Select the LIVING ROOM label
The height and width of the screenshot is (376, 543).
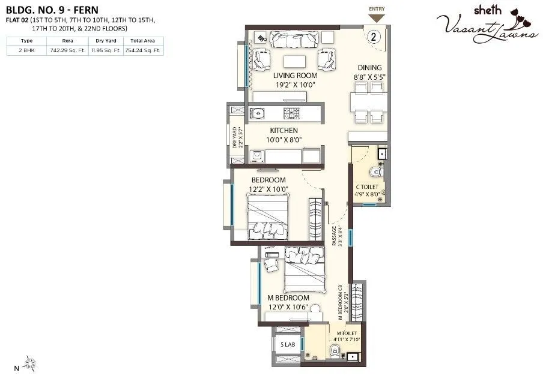pyautogui.click(x=295, y=76)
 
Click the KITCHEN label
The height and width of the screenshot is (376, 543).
pyautogui.click(x=284, y=130)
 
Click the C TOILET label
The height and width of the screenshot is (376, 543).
pyautogui.click(x=366, y=187)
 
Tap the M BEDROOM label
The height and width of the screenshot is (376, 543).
pyautogui.click(x=288, y=298)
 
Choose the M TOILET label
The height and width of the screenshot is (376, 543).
pyautogui.click(x=347, y=333)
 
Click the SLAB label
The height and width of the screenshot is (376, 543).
pyautogui.click(x=287, y=344)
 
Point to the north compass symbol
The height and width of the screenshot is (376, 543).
pyautogui.click(x=30, y=362)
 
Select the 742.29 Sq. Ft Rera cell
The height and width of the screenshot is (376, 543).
pyautogui.click(x=67, y=51)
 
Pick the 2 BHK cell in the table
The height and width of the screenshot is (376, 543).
pyautogui.click(x=27, y=51)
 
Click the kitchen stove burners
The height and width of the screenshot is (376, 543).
pyautogui.click(x=293, y=112)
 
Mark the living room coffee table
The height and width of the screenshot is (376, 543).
pyautogui.click(x=293, y=61)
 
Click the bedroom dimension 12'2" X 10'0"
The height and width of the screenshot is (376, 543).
pyautogui.click(x=268, y=189)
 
